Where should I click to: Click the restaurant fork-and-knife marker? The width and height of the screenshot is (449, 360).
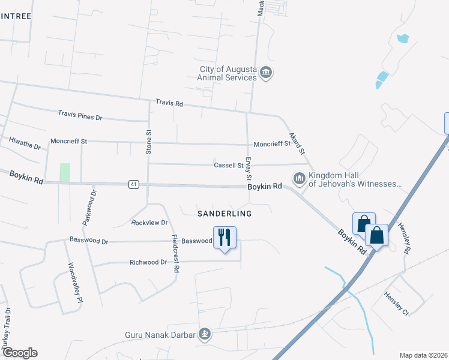pyautogui.click(x=224, y=237)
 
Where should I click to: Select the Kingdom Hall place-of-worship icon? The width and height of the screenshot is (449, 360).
pyautogui.click(x=299, y=178)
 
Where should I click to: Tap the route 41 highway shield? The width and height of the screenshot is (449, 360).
pyautogui.click(x=133, y=184)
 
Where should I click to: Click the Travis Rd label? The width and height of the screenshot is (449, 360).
pyautogui.click(x=169, y=103)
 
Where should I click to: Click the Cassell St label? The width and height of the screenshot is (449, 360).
pyautogui.click(x=228, y=165)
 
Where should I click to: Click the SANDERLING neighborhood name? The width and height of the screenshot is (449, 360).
pyautogui.click(x=224, y=214)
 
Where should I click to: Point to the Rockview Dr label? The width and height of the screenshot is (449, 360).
pyautogui.click(x=149, y=223)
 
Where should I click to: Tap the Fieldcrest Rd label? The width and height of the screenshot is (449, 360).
pyautogui.click(x=175, y=253)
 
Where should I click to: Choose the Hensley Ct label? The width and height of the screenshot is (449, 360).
pyautogui.click(x=397, y=304)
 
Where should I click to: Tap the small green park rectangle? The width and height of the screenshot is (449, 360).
pyautogui.click(x=65, y=173)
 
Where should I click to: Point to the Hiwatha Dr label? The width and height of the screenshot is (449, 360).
pyautogui.click(x=25, y=143)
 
